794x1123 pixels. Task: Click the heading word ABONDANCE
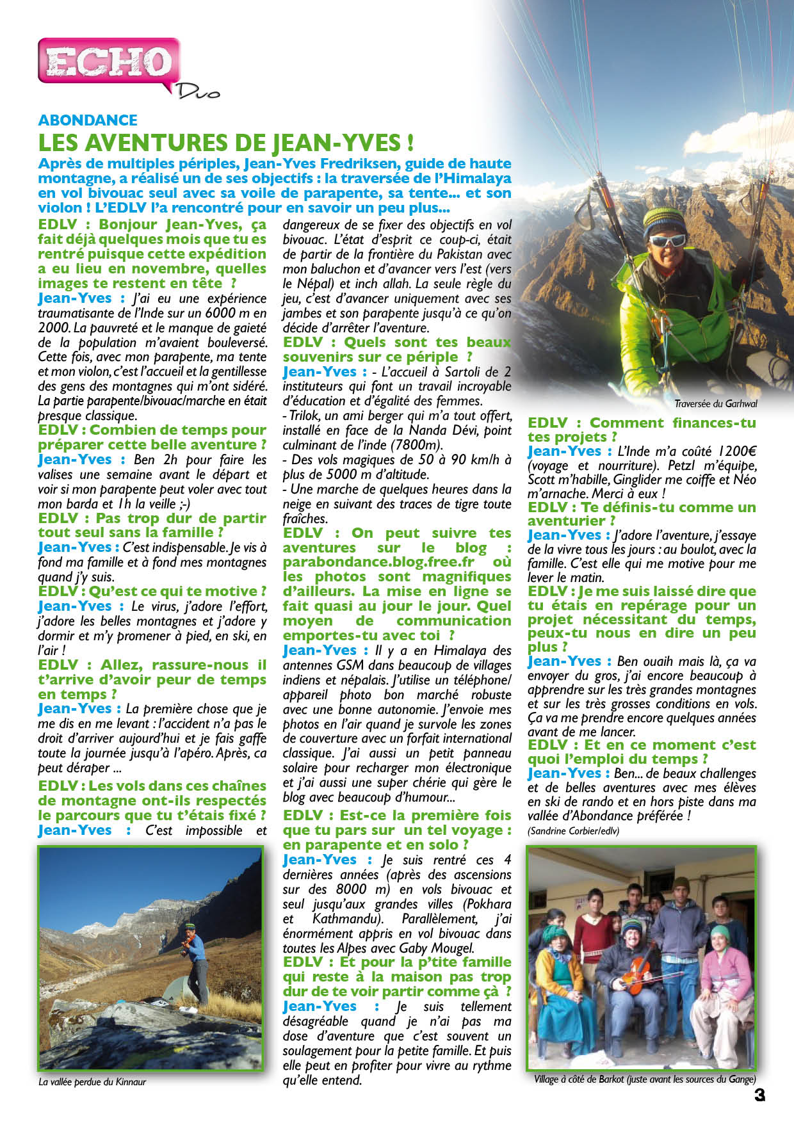[88, 120]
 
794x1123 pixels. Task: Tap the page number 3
[759, 1095]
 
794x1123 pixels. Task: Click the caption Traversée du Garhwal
[715, 404]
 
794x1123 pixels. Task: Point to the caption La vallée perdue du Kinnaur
[92, 1082]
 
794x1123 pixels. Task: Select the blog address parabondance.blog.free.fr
[379, 562]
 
